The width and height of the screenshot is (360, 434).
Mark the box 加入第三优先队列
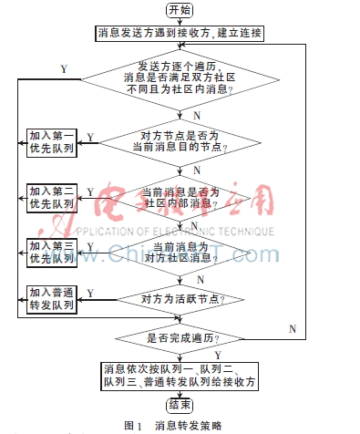(x=51, y=252)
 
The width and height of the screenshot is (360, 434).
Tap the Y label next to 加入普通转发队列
(x=90, y=292)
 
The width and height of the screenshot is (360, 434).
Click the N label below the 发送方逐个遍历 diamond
(x=197, y=115)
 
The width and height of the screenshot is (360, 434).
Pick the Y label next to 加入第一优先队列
(x=89, y=137)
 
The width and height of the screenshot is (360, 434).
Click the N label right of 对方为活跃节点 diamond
(x=292, y=326)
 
